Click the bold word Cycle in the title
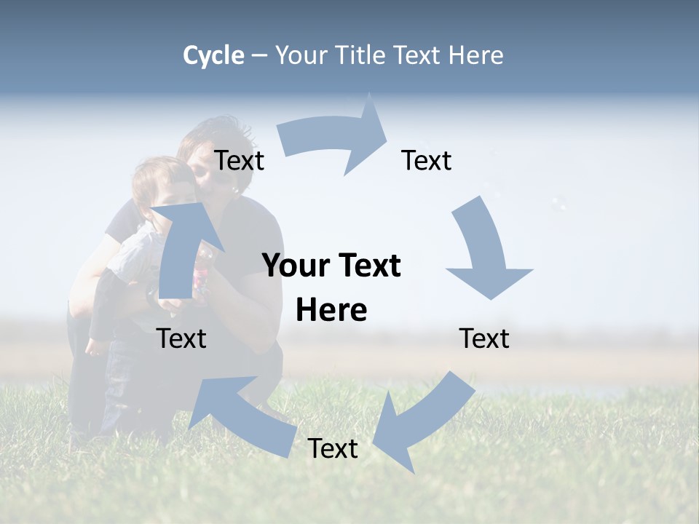213,55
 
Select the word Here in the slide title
476,55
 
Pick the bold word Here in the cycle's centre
331,310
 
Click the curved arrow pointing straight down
485,251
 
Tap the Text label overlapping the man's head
239,160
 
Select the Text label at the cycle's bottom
333,448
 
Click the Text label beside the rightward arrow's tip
427,160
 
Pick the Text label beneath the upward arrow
182,338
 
